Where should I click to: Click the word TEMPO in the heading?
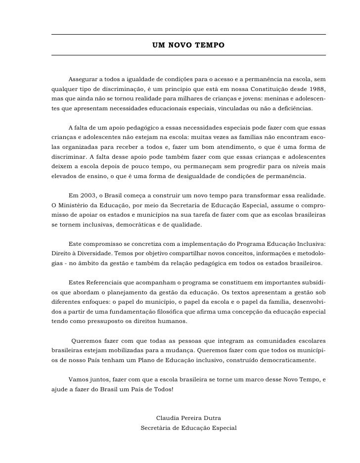pos(210,45)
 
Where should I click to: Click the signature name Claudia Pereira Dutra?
pos(188,418)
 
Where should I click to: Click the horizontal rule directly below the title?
pos(189,55)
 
